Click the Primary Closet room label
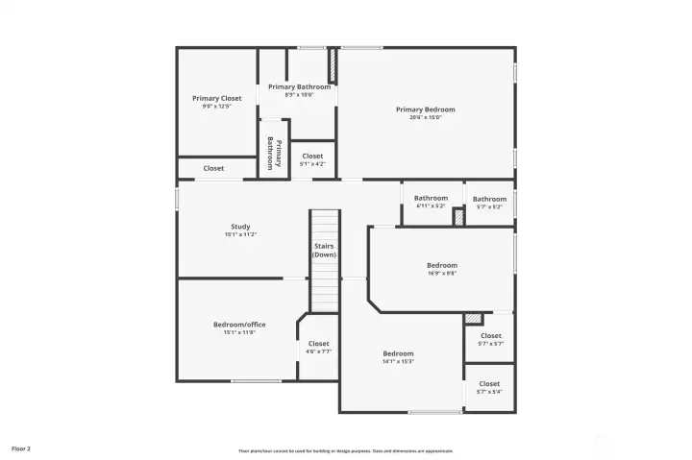(216, 98)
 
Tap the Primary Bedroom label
(425, 109)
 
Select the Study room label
(240, 227)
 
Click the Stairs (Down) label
(324, 250)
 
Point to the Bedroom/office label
(239, 325)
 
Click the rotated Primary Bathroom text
(273, 154)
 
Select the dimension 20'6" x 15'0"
(425, 118)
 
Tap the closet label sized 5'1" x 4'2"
(312, 156)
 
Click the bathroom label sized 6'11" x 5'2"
(431, 199)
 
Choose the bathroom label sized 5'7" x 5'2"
(489, 199)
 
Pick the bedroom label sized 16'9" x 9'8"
(441, 265)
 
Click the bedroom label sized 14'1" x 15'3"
(398, 353)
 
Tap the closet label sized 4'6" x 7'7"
(318, 343)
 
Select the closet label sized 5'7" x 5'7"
(490, 336)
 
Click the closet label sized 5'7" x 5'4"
(489, 384)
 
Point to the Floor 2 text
(21, 448)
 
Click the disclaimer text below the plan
(346, 450)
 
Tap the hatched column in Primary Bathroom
(333, 66)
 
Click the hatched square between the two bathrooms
(458, 217)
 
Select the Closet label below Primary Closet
(213, 168)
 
